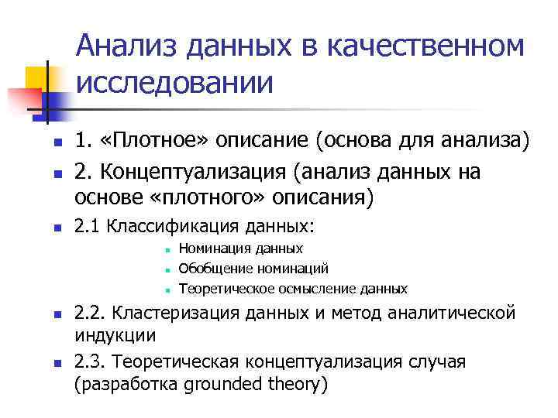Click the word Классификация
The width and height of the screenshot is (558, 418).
coord(171,227)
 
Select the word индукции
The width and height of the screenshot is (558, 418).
coord(115,337)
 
